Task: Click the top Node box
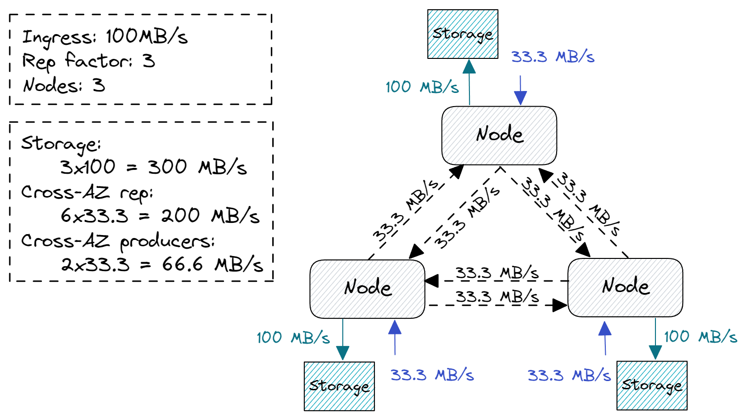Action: [499, 135]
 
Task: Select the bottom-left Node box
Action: [367, 289]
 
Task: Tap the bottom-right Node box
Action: [625, 287]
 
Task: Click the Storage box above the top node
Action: [463, 34]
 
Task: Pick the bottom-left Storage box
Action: [339, 386]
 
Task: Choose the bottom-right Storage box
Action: [652, 385]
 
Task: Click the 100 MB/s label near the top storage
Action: [422, 87]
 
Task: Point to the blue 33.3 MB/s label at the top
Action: [553, 57]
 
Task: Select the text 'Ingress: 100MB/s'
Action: [105, 37]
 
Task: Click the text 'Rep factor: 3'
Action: [89, 61]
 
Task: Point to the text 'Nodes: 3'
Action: [64, 86]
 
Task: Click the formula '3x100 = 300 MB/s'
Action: [153, 167]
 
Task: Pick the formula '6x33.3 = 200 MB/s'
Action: [160, 216]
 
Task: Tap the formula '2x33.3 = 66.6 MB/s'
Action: [162, 264]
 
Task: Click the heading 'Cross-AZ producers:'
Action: [118, 240]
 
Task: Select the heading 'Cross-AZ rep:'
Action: [87, 192]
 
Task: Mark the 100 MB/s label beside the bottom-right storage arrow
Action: [700, 336]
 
